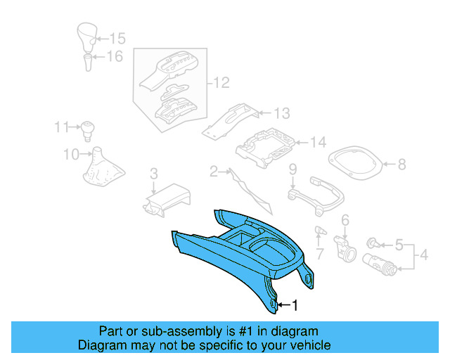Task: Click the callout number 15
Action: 117,39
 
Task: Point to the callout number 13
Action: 281,113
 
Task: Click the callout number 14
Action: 318,143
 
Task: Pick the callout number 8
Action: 401,165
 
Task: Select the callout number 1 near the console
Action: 295,305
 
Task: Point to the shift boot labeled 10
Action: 98,172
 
